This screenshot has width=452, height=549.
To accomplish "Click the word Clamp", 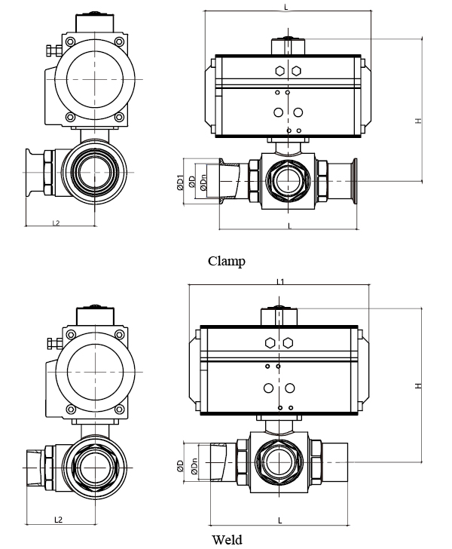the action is click(226, 261).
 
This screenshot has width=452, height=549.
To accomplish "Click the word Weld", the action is click(227, 539).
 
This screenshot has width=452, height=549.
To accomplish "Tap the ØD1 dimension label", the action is click(180, 182).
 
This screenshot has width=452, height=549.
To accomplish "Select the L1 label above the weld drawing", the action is click(280, 281).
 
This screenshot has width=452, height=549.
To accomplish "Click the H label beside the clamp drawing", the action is click(418, 121).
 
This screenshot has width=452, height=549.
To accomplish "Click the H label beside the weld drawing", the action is click(418, 385).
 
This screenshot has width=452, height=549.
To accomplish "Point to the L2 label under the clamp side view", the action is click(56, 223).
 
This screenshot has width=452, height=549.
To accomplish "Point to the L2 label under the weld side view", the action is click(59, 520).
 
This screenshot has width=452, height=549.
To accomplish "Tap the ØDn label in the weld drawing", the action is click(195, 466).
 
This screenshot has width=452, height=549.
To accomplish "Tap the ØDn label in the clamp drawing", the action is click(203, 183).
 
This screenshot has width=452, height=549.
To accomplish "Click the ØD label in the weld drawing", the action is click(180, 466).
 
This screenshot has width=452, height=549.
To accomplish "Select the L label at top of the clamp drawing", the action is click(286, 7).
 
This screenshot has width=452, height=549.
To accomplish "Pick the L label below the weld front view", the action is click(280, 520).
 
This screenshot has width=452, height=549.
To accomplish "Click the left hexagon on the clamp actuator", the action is click(279, 71).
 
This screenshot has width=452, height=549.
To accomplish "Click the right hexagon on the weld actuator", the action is click(288, 343).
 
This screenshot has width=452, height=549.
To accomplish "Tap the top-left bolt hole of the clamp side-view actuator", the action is click(70, 41).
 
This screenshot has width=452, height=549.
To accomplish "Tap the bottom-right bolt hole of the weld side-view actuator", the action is click(120, 409).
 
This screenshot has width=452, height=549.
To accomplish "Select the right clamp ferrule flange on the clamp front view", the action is click(354, 181).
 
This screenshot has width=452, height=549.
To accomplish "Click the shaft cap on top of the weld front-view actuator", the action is click(279, 316).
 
